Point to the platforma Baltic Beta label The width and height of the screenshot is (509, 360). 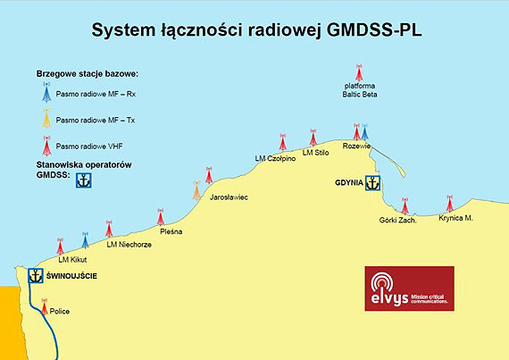pos(358,90)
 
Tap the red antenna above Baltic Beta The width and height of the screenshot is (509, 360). pos(359,71)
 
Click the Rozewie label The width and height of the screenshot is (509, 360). pos(356,147)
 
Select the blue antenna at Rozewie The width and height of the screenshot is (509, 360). pos(364,133)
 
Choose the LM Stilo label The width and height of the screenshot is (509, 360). pos(316,153)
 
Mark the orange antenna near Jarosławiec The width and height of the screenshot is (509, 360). pos(196,189)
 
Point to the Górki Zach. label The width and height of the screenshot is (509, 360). pos(398,220)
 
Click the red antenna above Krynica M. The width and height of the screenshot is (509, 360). pos(449,204)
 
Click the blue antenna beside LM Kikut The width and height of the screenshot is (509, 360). pos(86,240)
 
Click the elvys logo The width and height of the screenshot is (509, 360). pos(409,289)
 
